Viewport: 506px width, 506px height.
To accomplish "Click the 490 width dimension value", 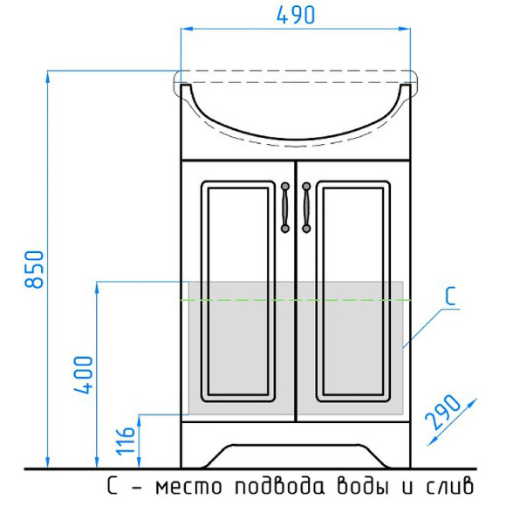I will (x=296, y=15).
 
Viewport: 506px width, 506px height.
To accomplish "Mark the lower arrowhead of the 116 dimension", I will (x=138, y=463).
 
